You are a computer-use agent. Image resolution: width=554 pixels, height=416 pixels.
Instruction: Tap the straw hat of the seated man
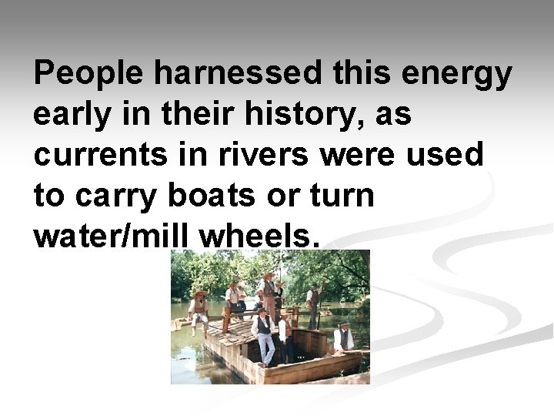tap(199, 293)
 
